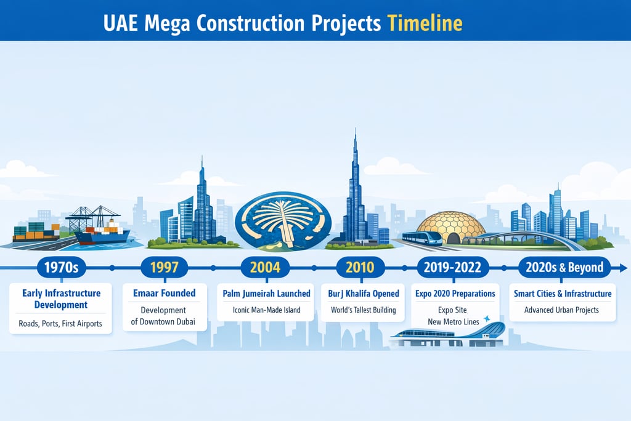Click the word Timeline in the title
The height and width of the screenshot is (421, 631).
click(x=425, y=23)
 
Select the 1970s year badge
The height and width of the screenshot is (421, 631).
click(x=62, y=268)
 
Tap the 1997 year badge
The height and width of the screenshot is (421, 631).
click(x=164, y=268)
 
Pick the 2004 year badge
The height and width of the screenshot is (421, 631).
click(x=265, y=268)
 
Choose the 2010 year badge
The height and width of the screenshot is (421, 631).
click(x=360, y=268)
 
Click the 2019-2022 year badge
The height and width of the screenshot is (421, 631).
click(x=454, y=268)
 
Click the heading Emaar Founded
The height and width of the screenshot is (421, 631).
click(x=164, y=294)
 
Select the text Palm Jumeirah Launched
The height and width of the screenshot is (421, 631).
click(x=266, y=294)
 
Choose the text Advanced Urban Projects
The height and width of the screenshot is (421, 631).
click(x=561, y=310)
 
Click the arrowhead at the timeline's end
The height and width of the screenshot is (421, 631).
click(x=623, y=268)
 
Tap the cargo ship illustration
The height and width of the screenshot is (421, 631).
click(x=102, y=235)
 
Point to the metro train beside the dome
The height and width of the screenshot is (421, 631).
click(x=421, y=238)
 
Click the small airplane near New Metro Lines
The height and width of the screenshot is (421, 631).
click(x=487, y=319)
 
